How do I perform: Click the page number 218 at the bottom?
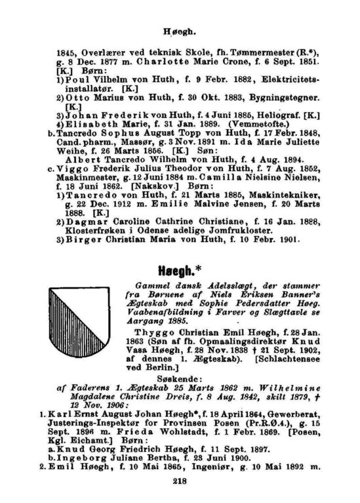click(180, 481)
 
